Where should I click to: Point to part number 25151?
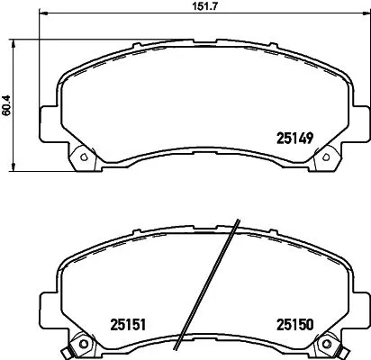[x=128, y=324]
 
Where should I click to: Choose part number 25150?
[x=294, y=324]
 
